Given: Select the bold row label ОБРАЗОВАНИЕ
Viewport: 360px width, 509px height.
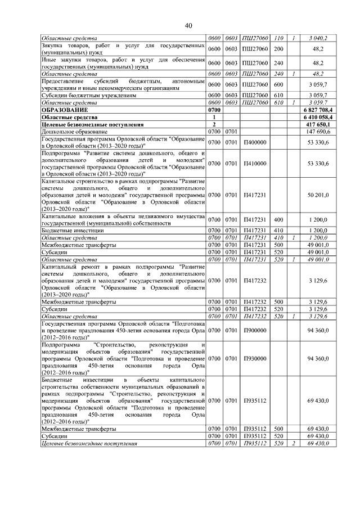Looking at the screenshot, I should [66, 110].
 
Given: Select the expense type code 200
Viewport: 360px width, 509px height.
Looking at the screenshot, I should [278, 48].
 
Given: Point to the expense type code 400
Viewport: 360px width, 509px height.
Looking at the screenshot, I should [278, 219].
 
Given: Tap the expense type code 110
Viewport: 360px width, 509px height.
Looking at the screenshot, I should [278, 38].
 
